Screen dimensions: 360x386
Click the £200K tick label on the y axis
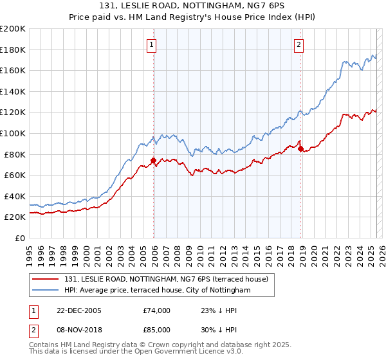tap(13, 29)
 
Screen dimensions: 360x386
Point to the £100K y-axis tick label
tap(13, 133)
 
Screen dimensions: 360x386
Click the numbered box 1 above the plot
tap(151, 44)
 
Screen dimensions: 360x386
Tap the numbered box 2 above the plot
tap(300, 44)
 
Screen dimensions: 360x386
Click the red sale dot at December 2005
tap(153, 161)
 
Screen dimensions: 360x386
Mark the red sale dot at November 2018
tap(301, 149)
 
